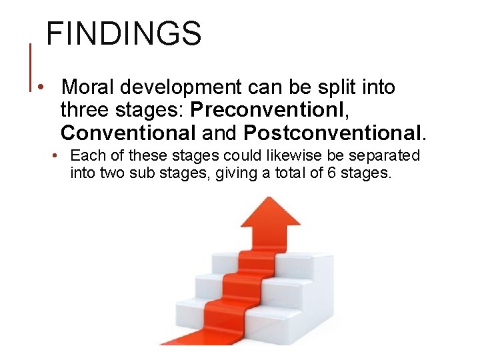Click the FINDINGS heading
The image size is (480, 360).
coord(123,33)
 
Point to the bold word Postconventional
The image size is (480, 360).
coord(333,133)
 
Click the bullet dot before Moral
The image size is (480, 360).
coord(41,88)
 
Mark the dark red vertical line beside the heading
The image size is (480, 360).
coord(31,67)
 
